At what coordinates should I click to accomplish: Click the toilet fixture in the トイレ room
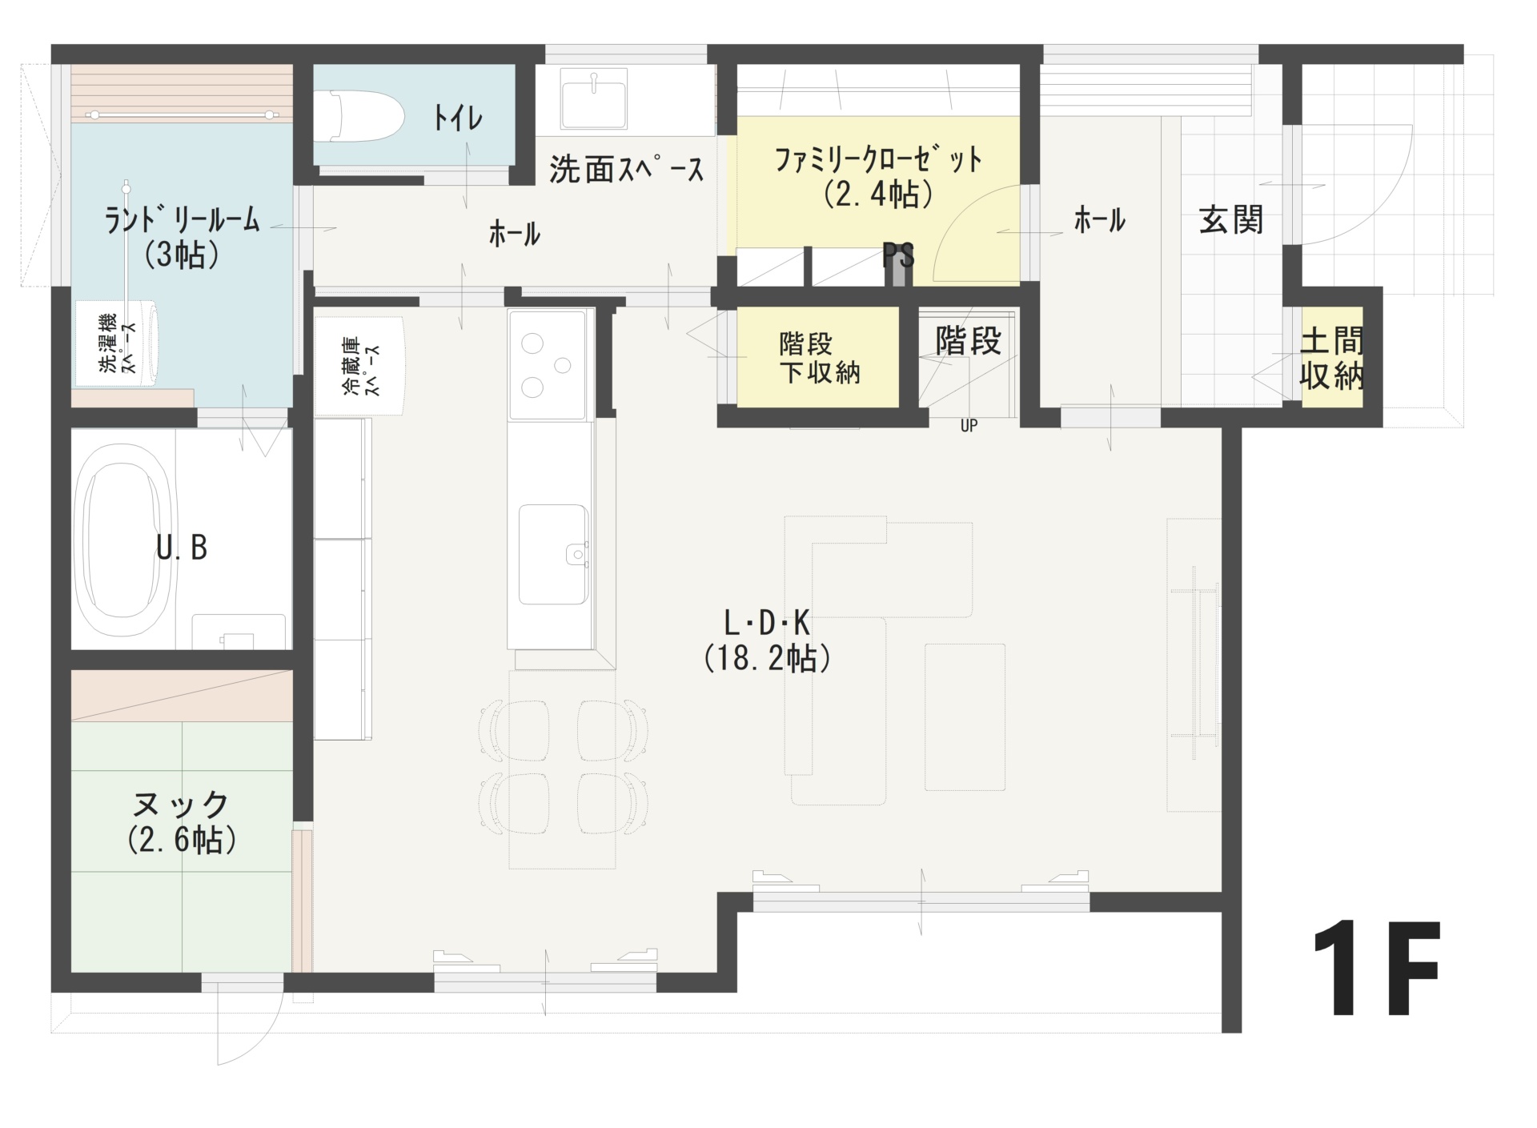(x=359, y=116)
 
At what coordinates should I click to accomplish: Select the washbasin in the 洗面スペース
(x=593, y=99)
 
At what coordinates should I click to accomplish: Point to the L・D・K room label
(x=766, y=622)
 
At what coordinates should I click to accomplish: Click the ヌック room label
(x=182, y=803)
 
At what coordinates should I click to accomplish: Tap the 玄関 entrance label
(x=1231, y=219)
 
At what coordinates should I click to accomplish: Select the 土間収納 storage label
(x=1331, y=359)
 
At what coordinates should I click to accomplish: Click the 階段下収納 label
(x=819, y=359)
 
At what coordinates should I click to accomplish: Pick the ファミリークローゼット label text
(x=878, y=159)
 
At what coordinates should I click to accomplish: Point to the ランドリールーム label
(x=183, y=219)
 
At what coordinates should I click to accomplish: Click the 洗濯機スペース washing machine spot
(x=117, y=343)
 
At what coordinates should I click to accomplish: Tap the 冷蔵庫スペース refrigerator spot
(x=360, y=366)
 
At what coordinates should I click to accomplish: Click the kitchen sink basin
(x=553, y=554)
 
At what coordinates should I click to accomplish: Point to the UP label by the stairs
(x=969, y=426)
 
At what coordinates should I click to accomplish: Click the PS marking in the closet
(x=898, y=256)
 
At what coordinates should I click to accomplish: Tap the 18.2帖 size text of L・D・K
(x=768, y=658)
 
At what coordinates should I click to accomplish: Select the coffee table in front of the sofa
(x=965, y=717)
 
